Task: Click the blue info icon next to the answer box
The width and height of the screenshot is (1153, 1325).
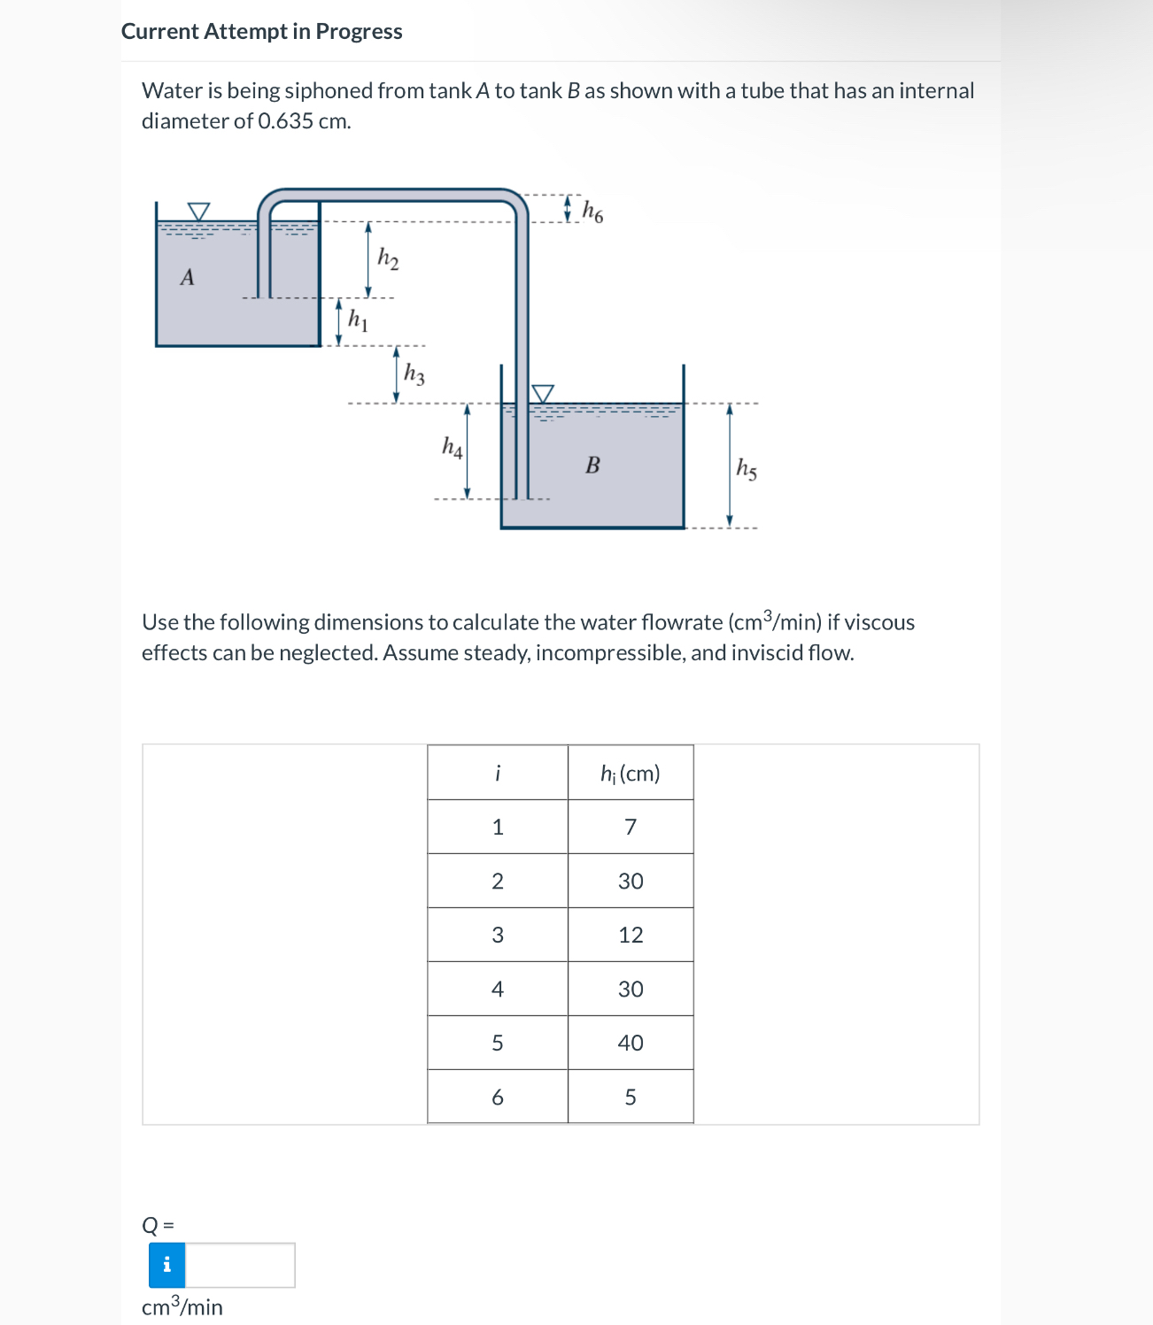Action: tap(166, 1265)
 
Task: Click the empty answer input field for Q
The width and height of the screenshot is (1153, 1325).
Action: tap(240, 1265)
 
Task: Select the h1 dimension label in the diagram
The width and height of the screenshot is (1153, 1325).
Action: tap(358, 320)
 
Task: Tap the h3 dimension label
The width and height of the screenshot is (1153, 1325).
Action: tap(414, 374)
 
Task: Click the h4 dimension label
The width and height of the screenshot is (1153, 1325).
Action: tap(452, 447)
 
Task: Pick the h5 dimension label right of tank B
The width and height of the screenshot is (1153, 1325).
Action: tap(747, 468)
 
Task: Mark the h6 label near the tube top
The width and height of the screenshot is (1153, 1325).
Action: tap(592, 212)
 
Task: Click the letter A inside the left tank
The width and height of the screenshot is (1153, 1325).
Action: tap(187, 278)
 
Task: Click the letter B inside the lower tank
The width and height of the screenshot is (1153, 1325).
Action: tap(592, 465)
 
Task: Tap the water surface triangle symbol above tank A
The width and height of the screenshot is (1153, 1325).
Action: tap(199, 212)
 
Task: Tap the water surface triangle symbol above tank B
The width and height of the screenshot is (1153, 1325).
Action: tap(542, 393)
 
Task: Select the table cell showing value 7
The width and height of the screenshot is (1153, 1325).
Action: tap(631, 827)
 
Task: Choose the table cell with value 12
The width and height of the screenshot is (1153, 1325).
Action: tap(631, 935)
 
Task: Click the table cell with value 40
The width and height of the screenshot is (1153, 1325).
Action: tap(631, 1043)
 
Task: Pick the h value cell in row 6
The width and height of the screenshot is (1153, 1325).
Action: tap(631, 1097)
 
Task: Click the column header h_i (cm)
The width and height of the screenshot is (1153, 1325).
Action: tap(631, 774)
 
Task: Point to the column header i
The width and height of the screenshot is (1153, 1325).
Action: tap(498, 774)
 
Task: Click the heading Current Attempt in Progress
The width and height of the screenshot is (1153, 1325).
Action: tap(261, 32)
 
